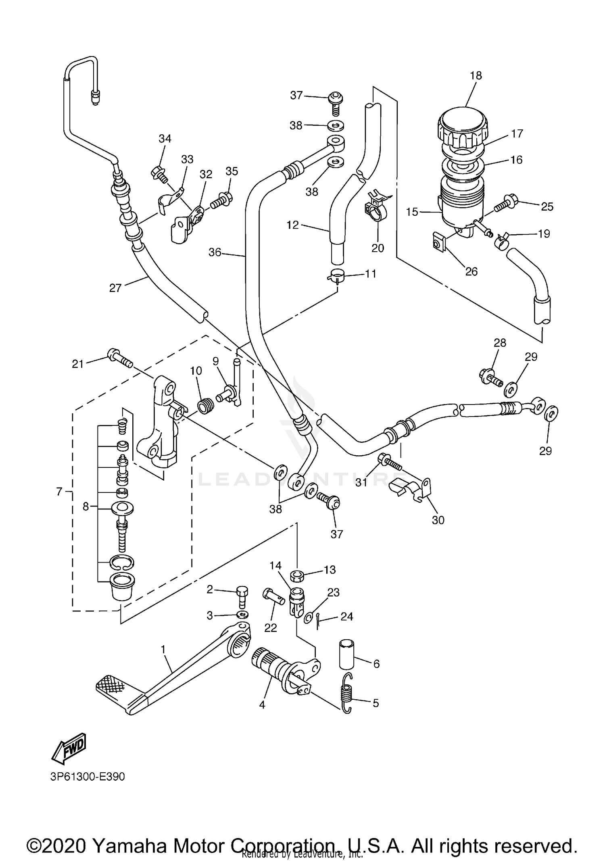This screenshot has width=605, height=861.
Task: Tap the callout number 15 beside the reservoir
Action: (x=412, y=212)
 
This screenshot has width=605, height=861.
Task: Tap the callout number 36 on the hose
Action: (x=215, y=252)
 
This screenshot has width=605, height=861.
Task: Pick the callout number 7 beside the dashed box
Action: (x=59, y=491)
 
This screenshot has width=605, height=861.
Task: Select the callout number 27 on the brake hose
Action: (x=115, y=288)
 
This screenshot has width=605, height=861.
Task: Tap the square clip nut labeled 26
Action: (x=437, y=243)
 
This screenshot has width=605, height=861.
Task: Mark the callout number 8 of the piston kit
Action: (x=86, y=506)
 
